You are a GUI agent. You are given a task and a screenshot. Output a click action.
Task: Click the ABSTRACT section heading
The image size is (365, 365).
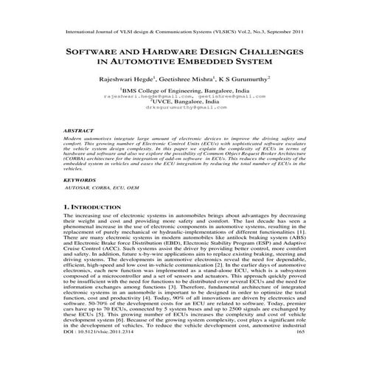pyautogui.click(x=81, y=130)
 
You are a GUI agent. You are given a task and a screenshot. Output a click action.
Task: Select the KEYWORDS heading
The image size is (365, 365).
pyautogui.click(x=80, y=179)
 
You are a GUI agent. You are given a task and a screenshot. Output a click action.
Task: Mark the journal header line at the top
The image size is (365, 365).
pyautogui.click(x=182, y=33)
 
